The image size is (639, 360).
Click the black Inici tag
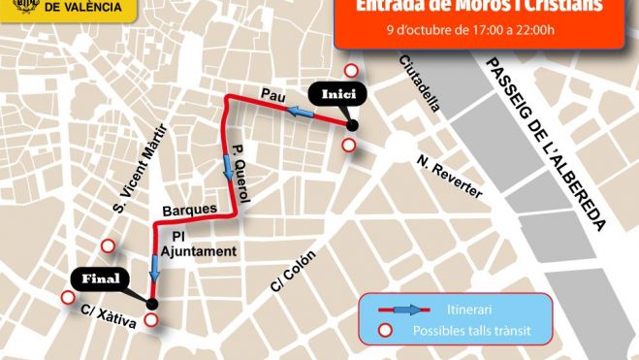tap(334, 94)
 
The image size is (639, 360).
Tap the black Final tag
tap(101, 279)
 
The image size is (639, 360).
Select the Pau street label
tap(271, 94)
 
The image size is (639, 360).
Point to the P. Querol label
tap(241, 174)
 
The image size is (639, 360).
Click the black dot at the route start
tap(352, 125)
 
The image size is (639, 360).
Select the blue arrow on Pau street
tap(302, 115)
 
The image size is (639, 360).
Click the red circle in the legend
tap(385, 331)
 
